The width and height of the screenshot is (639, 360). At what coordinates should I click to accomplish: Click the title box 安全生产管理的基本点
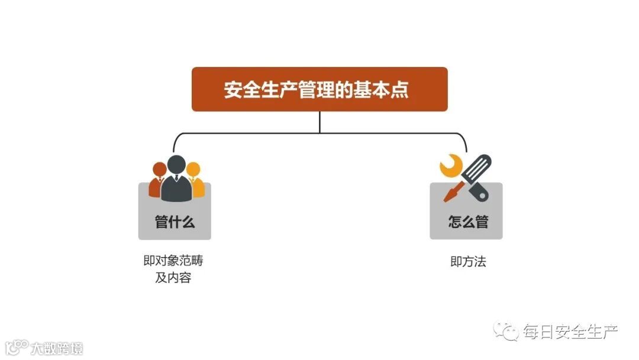coord(319,89)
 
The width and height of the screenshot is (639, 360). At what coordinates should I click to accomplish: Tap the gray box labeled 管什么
coord(175,222)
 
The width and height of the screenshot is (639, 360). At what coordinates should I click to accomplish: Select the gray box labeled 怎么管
coord(466,222)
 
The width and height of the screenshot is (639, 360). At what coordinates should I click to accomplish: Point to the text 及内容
coord(173,278)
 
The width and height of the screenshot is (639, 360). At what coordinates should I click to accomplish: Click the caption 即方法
coord(467,262)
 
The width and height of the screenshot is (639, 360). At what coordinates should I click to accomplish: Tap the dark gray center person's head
coord(176,164)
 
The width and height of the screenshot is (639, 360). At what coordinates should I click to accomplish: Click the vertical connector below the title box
coord(319,122)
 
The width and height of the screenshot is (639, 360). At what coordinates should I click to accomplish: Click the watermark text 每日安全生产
coord(569,332)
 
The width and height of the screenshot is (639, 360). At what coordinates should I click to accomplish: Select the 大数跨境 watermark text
coord(57,348)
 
